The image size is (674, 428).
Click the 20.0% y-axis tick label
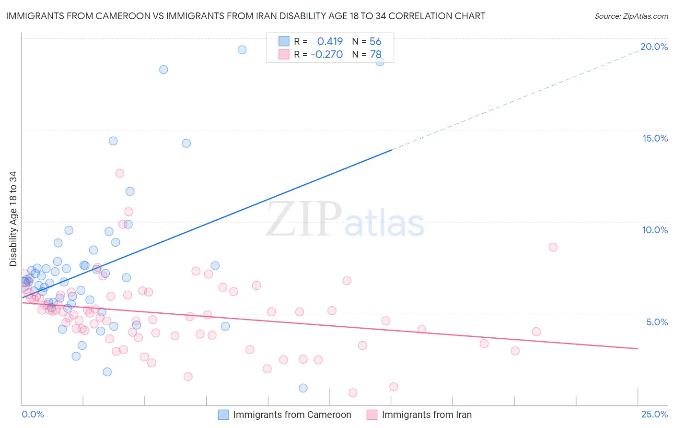click(654, 47)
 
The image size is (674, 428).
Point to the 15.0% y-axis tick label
click(655, 138)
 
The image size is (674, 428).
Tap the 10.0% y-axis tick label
click(655, 230)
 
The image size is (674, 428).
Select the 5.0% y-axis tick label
click(657, 322)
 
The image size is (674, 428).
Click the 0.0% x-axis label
click(33, 414)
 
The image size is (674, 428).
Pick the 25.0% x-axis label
click(654, 414)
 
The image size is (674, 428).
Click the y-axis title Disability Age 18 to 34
click(13, 219)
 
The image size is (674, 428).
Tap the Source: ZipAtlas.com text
click(631, 16)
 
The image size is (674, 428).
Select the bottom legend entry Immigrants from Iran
click(426, 415)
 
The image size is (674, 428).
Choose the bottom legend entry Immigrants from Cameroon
click(291, 415)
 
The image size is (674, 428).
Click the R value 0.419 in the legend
click(330, 42)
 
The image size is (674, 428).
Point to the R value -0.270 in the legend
click(326, 55)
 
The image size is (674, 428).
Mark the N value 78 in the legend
click(375, 55)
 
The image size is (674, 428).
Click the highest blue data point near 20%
click(242, 50)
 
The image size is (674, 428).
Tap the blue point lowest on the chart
click(303, 388)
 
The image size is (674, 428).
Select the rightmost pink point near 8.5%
click(553, 247)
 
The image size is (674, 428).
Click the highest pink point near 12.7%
click(120, 173)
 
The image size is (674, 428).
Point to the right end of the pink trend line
click(638, 348)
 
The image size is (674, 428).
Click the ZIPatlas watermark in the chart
click(345, 220)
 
